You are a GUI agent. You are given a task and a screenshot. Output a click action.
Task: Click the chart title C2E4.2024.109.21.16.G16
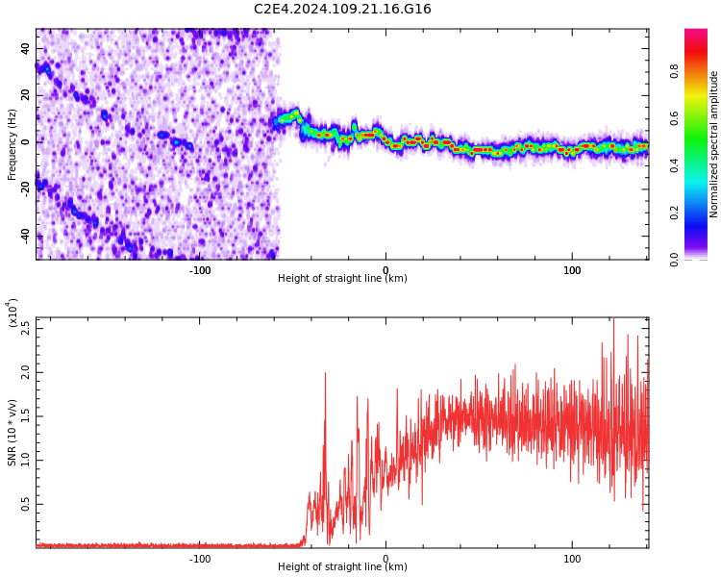342,10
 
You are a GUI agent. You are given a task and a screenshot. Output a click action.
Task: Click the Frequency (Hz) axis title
12,144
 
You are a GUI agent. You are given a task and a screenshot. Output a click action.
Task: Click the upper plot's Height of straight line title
342,279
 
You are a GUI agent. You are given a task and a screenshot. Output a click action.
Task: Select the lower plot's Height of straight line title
342,567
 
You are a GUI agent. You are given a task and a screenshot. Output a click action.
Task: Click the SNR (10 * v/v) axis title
12,433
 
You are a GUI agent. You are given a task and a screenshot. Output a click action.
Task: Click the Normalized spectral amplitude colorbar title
714,144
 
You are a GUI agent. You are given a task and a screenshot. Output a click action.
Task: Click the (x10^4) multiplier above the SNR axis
12,313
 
